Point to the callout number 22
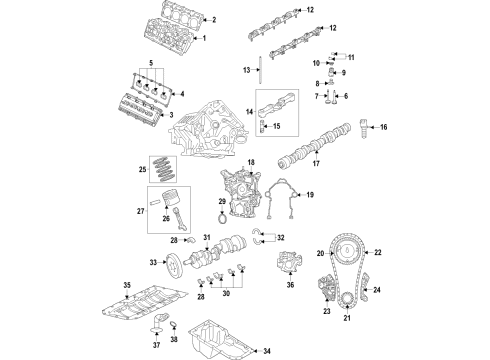377,252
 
